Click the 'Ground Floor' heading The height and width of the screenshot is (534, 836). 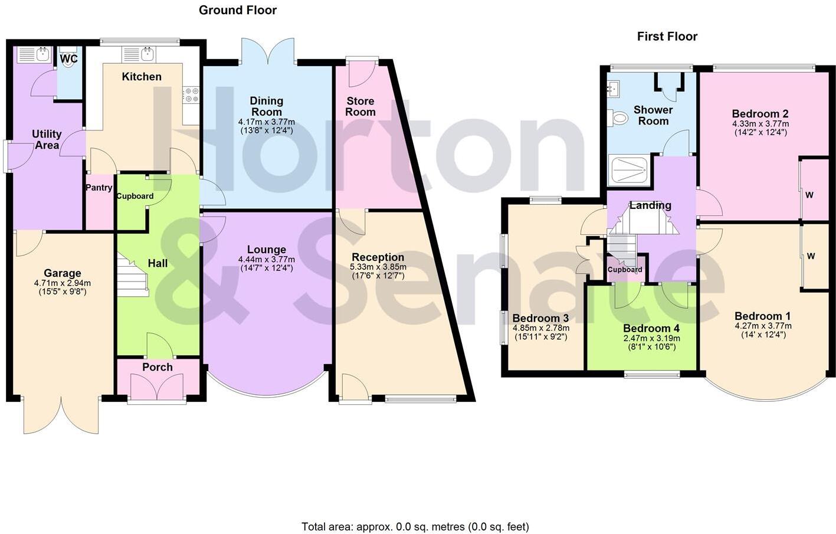click(237, 10)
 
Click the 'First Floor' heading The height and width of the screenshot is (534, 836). click(667, 37)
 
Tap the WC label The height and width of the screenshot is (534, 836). click(69, 59)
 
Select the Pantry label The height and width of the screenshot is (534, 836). click(99, 188)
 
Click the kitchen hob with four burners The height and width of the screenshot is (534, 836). click(191, 95)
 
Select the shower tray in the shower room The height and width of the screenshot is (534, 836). click(630, 169)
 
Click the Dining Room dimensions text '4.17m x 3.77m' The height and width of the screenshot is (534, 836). click(266, 122)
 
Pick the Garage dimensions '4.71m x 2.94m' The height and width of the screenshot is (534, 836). click(63, 283)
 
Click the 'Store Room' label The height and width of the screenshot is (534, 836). click(360, 107)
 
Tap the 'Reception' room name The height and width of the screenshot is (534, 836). click(378, 257)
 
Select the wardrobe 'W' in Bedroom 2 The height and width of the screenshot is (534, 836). click(809, 195)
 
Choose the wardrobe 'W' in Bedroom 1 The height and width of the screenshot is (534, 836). click(811, 256)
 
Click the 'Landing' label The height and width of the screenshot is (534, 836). click(650, 205)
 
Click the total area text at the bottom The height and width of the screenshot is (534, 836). click(415, 526)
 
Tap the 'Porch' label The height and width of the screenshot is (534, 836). click(158, 367)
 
